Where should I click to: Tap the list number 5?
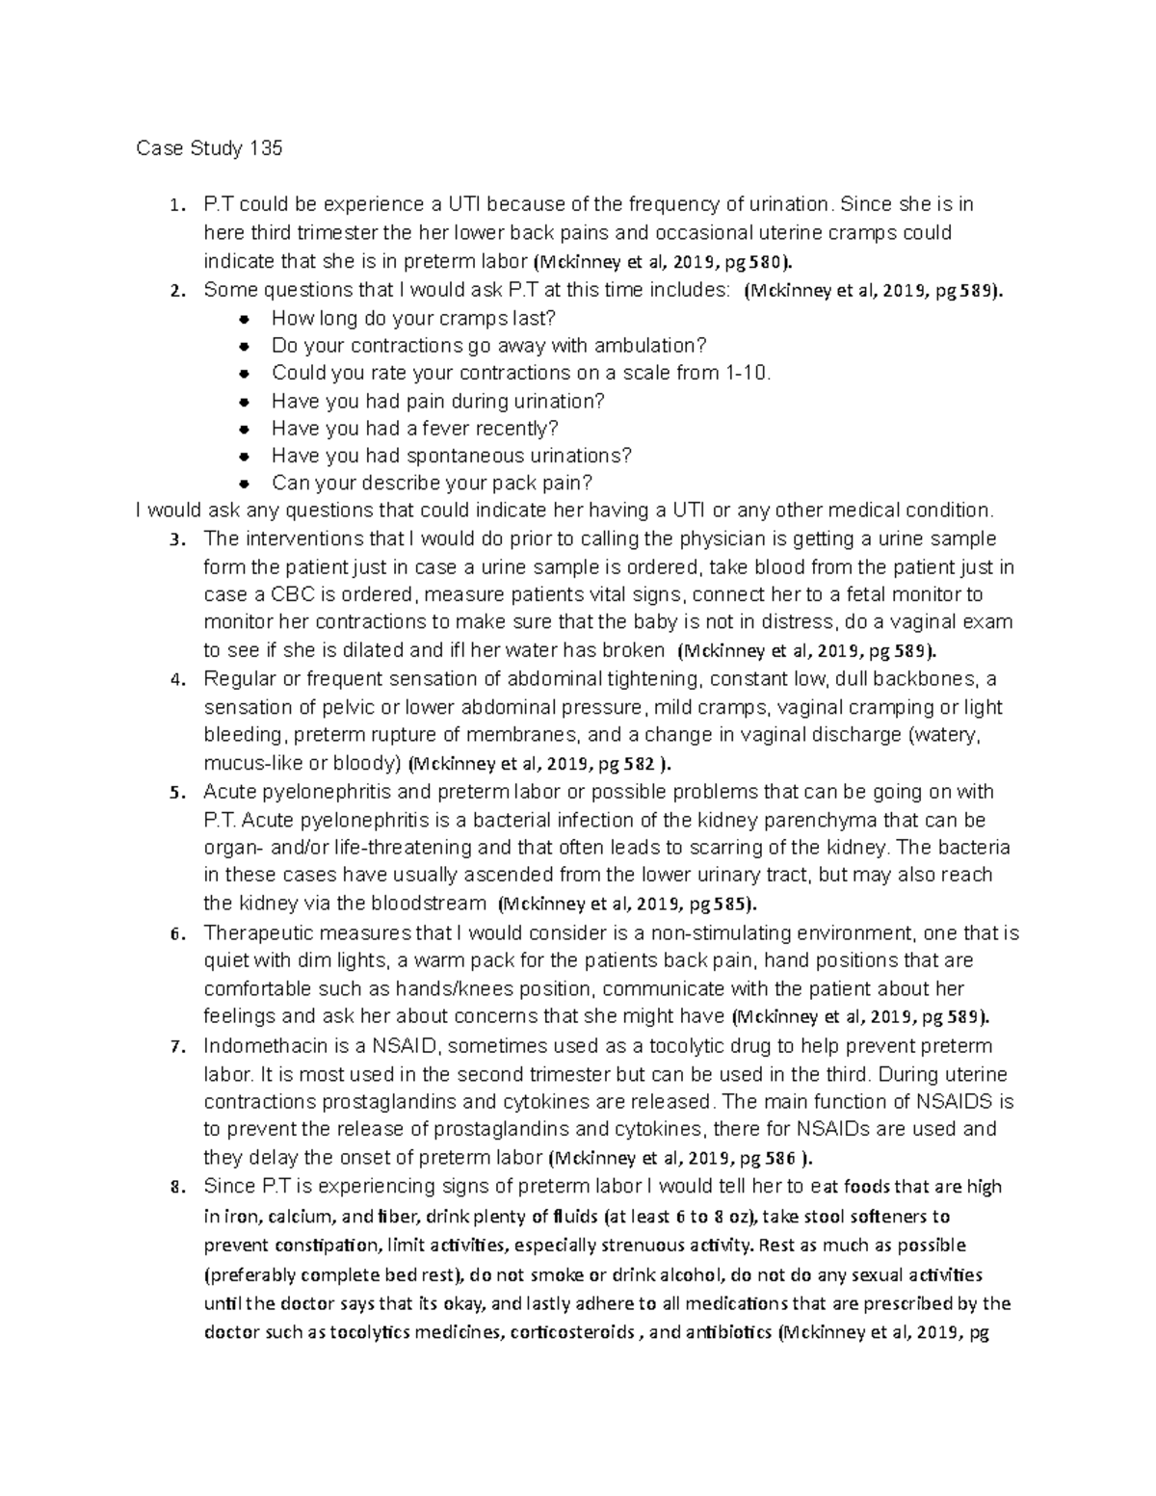[x=175, y=793]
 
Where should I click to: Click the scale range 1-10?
[x=747, y=373]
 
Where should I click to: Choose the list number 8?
[x=175, y=1188]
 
